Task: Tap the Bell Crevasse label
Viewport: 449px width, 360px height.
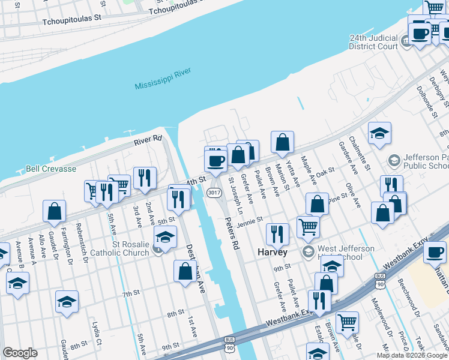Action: tap(50, 169)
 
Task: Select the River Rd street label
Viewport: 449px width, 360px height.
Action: tap(148, 139)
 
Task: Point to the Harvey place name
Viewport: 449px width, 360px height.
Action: tap(273, 252)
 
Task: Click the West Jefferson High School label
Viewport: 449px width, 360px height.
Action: tap(346, 253)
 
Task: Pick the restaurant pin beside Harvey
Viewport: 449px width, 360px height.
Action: tap(277, 233)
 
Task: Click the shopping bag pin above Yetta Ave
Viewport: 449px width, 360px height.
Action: tap(282, 142)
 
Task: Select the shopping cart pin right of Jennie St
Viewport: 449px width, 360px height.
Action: tap(308, 226)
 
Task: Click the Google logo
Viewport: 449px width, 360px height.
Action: tap(20, 353)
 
